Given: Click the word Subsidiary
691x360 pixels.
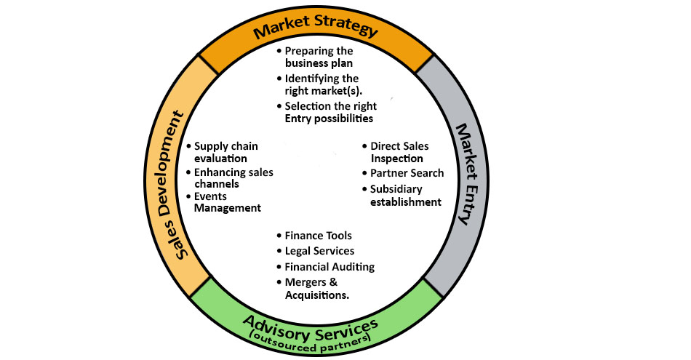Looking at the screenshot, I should [x=396, y=189].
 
